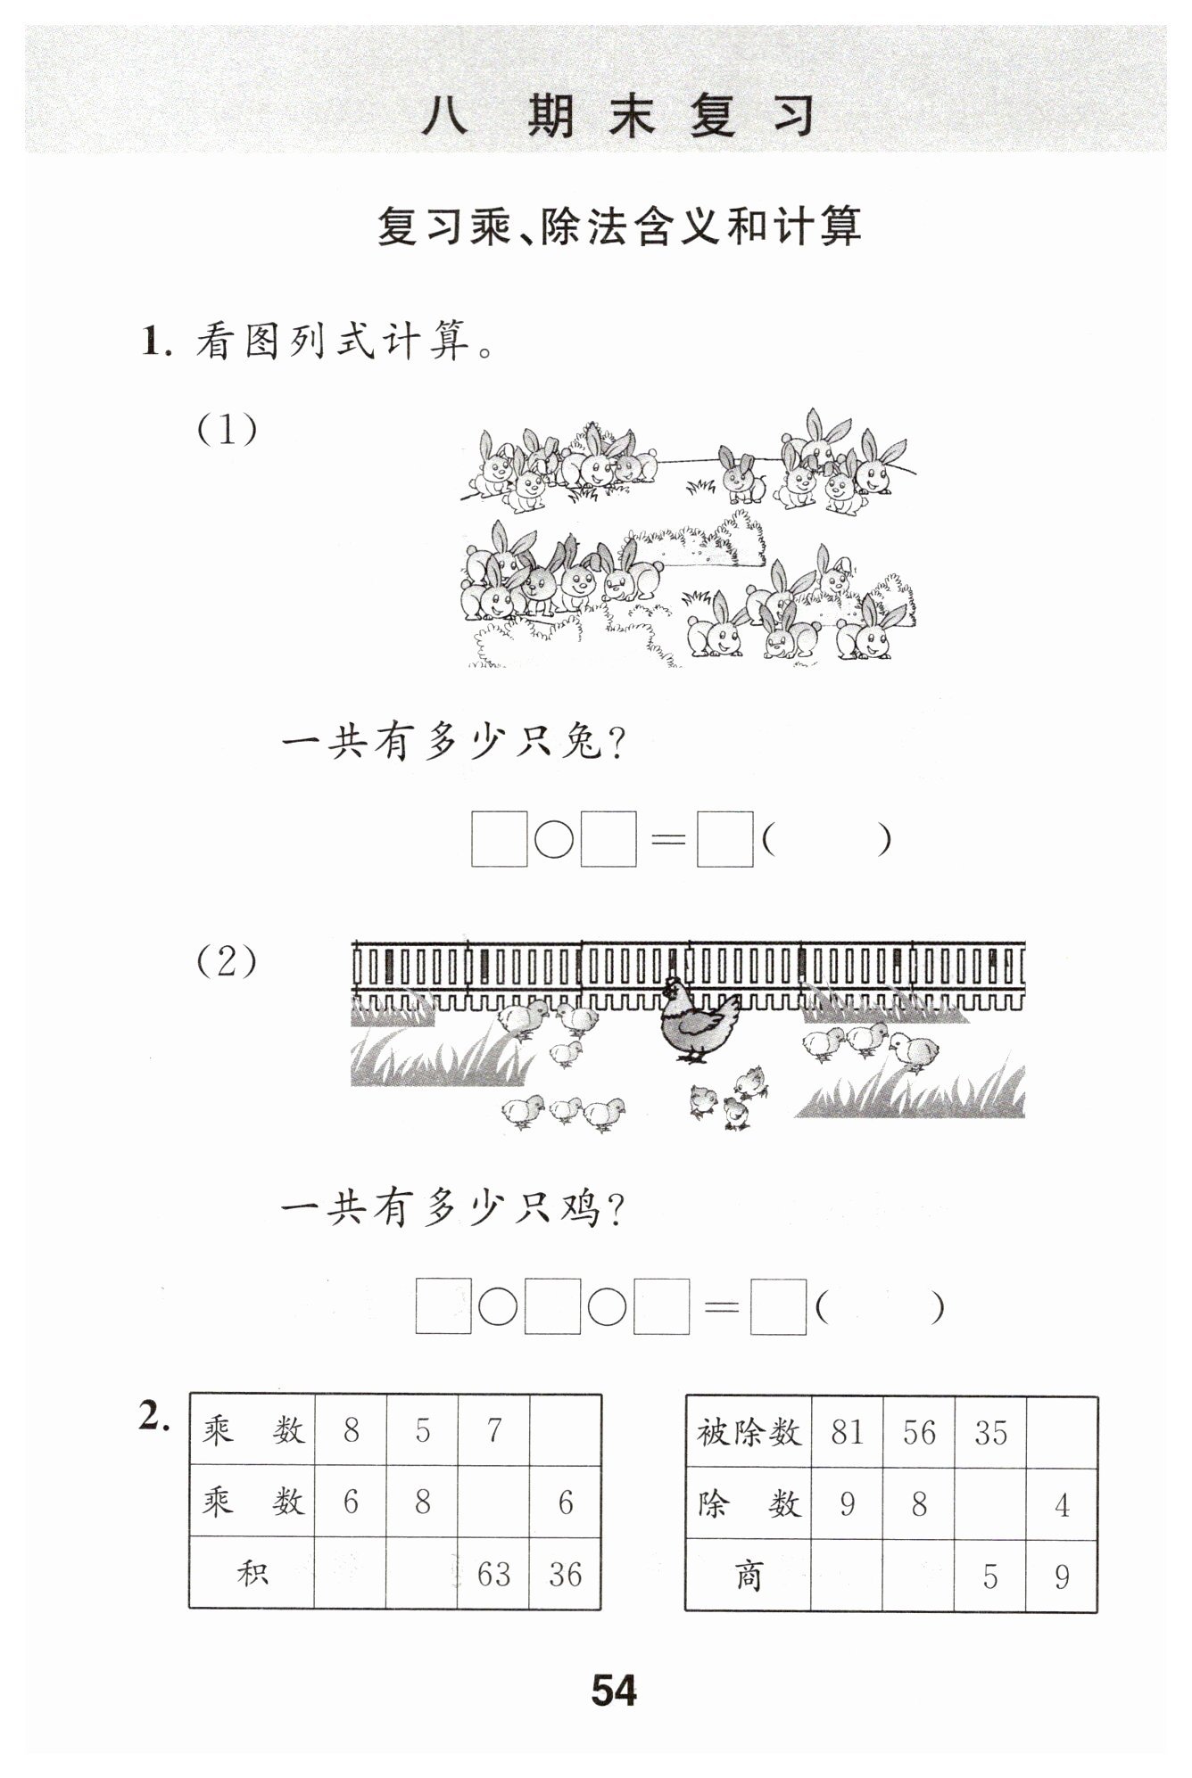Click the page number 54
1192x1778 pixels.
(x=614, y=1690)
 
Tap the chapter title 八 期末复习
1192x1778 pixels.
(x=619, y=116)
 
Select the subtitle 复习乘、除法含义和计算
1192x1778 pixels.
(x=619, y=226)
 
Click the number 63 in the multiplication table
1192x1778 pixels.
(x=493, y=1575)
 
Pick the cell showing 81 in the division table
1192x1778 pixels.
(x=847, y=1432)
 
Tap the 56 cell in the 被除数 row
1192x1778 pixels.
(x=919, y=1432)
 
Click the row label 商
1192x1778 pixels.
(x=749, y=1576)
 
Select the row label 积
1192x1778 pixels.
(x=252, y=1574)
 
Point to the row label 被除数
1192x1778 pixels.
(x=749, y=1433)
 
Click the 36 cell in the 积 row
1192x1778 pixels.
(x=565, y=1575)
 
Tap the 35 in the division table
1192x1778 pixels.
(x=990, y=1432)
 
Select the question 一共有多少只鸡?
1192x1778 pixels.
(x=453, y=1209)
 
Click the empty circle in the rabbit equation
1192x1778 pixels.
(x=553, y=839)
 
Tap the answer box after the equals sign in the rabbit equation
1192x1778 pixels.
(x=724, y=839)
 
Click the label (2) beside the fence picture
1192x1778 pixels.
(x=227, y=961)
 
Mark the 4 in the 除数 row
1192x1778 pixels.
(x=1062, y=1505)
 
